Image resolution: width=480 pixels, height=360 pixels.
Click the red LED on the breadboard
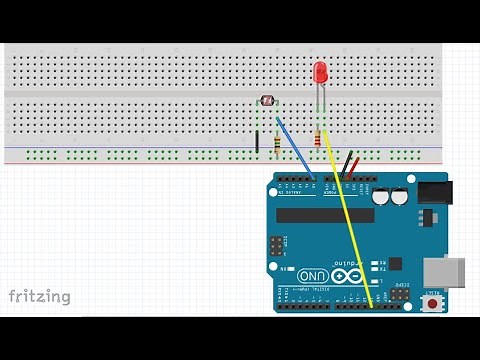point(321,74)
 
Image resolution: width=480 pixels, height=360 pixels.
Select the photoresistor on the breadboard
point(267,100)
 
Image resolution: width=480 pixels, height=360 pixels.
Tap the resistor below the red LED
point(319,139)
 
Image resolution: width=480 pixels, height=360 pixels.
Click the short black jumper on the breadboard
point(257,141)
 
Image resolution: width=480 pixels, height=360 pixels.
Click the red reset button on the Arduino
point(432,300)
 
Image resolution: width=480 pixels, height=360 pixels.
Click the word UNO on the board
point(313,275)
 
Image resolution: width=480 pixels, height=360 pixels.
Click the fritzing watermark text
point(40,296)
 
